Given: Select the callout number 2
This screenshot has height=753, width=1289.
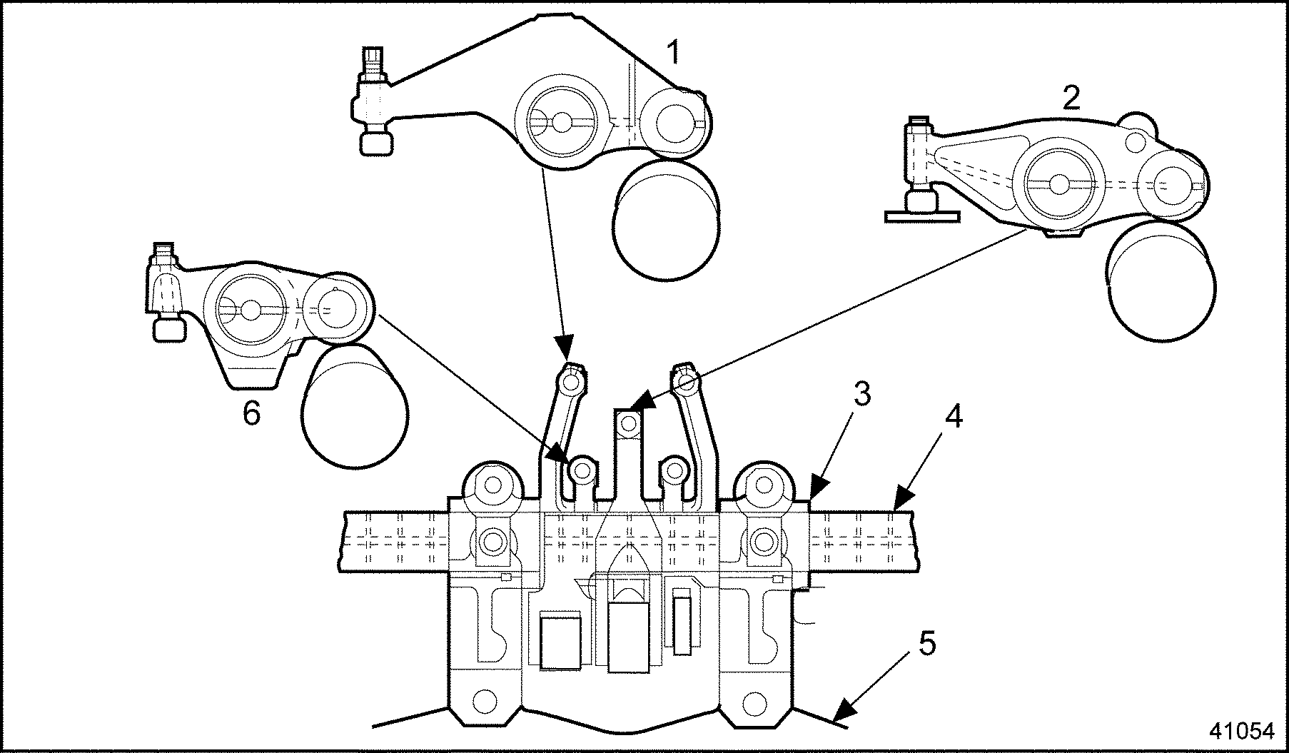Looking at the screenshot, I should pyautogui.click(x=1071, y=98).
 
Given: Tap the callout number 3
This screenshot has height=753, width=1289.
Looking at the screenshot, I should pyautogui.click(x=862, y=395).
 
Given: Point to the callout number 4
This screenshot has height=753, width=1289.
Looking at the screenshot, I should pyautogui.click(x=954, y=416).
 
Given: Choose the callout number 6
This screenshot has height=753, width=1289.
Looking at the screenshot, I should pyautogui.click(x=251, y=413).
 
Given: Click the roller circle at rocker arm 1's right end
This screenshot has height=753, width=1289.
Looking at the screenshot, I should pyautogui.click(x=673, y=122).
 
